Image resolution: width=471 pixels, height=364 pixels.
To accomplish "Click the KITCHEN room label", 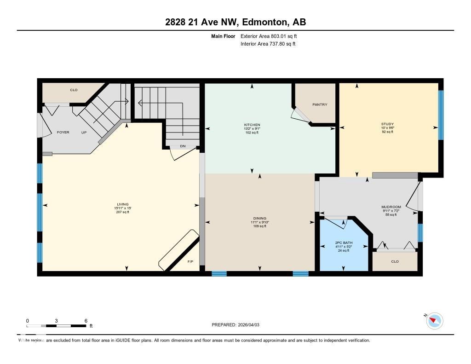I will point(252,125).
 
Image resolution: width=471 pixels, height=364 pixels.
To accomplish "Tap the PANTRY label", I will point(320,104).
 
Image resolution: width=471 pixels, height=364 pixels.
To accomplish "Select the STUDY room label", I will point(387,124).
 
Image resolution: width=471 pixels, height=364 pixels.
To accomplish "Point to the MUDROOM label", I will point(391,207).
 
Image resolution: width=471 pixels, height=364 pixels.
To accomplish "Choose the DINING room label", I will point(259,219).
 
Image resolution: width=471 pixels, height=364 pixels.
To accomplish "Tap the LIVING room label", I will point(122,204).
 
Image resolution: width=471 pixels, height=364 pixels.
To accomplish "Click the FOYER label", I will point(63,132).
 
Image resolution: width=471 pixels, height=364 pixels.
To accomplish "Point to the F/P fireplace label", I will point(190,262).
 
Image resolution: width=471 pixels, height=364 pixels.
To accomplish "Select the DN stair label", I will point(182,146).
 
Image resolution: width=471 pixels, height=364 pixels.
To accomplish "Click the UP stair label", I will point(84,132).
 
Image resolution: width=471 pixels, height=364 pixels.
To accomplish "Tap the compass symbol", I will point(434,321).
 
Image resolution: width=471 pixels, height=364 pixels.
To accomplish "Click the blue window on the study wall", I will point(441,115).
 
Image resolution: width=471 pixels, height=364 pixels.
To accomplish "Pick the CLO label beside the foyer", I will point(74,90).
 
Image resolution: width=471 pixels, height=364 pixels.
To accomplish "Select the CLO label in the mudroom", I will point(395,261).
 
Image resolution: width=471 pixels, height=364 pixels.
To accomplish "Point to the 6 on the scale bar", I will point(86,320).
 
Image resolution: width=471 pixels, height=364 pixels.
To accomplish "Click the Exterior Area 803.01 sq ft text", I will point(272,36).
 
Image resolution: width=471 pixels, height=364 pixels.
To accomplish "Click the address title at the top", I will point(235,22).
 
